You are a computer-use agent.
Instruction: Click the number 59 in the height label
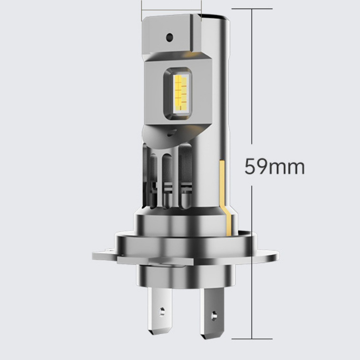[x=255, y=166]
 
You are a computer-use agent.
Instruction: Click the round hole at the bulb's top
[x=170, y=36]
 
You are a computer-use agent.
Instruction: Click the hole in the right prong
[x=215, y=314]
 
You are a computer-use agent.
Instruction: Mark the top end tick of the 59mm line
[x=252, y=9]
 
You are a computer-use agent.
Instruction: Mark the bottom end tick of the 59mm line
[x=252, y=339]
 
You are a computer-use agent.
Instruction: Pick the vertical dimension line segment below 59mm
[x=252, y=260]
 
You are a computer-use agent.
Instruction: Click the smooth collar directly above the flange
[x=185, y=223]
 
